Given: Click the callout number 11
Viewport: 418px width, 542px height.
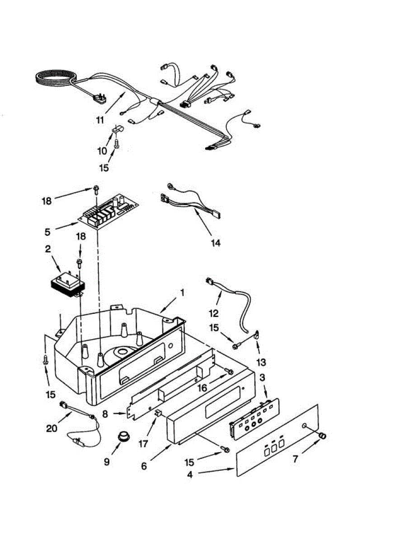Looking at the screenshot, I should coord(100,120).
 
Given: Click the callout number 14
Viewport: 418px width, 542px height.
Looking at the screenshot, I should coord(216,243).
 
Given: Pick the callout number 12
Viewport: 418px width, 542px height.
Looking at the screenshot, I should coord(213,313).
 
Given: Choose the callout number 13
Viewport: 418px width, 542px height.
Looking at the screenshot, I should coord(261,362).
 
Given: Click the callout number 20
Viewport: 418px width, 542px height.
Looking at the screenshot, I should coord(52,427).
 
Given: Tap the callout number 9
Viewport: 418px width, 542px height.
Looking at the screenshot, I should coord(107,462).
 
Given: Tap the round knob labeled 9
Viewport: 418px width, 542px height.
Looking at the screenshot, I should coord(122,437).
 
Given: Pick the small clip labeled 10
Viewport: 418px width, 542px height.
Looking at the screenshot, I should coord(115,131).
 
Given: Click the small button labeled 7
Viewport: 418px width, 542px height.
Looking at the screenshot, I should coord(322,435).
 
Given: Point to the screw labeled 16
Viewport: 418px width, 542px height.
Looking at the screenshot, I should coord(229,372).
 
